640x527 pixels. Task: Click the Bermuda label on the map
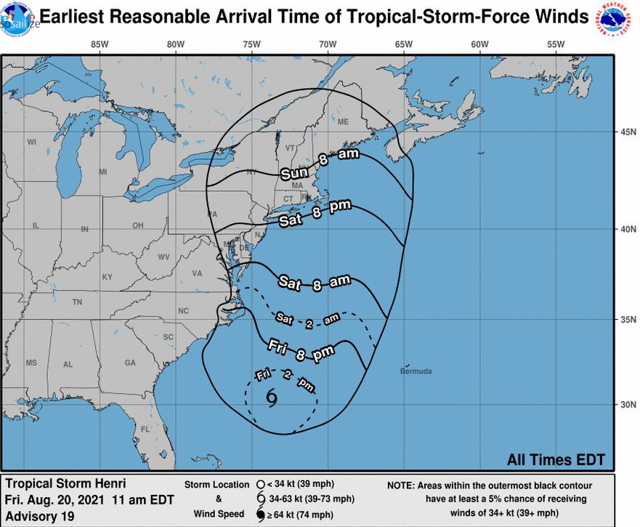(416, 371)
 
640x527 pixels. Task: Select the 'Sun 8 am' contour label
(315, 166)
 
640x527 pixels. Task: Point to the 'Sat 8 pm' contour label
(311, 213)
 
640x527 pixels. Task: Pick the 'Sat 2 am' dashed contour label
(307, 320)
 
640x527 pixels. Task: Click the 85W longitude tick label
(100, 44)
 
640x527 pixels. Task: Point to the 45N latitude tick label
(627, 132)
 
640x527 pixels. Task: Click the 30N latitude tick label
(627, 404)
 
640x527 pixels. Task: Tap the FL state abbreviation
(145, 428)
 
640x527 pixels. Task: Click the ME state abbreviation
(343, 121)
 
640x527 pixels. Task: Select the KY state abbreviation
(108, 277)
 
